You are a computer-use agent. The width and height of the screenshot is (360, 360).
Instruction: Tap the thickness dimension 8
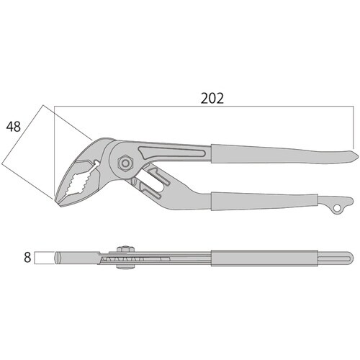pyautogui.click(x=27, y=257)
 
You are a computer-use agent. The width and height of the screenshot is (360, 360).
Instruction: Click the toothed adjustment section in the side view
pyautogui.click(x=144, y=257)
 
